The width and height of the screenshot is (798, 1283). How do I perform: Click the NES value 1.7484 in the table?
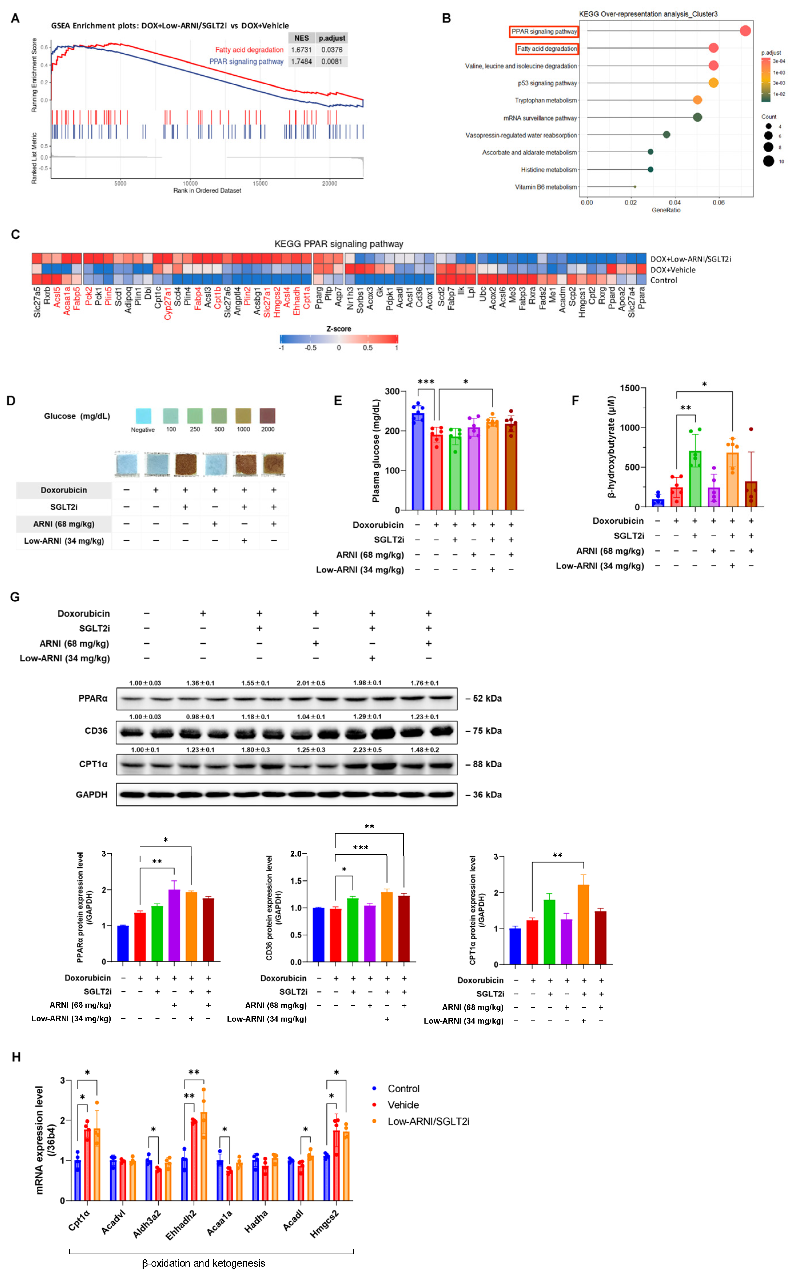click(x=301, y=61)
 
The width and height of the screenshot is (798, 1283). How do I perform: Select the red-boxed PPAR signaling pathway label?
click(x=544, y=32)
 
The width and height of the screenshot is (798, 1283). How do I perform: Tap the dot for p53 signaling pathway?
click(x=713, y=83)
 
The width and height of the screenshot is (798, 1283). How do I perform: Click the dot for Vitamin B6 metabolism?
click(x=635, y=187)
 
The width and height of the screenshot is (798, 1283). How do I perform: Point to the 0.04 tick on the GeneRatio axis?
click(x=675, y=203)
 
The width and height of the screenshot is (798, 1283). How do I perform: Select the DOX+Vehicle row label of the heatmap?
click(x=673, y=270)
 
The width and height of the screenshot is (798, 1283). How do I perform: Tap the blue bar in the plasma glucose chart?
click(x=418, y=462)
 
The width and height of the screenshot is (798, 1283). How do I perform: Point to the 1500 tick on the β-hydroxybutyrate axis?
click(x=630, y=388)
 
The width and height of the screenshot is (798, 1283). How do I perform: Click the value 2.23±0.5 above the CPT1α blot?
click(x=367, y=750)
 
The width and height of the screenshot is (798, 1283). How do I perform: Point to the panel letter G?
click(x=15, y=597)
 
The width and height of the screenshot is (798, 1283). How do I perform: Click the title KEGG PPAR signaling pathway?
click(x=338, y=244)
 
